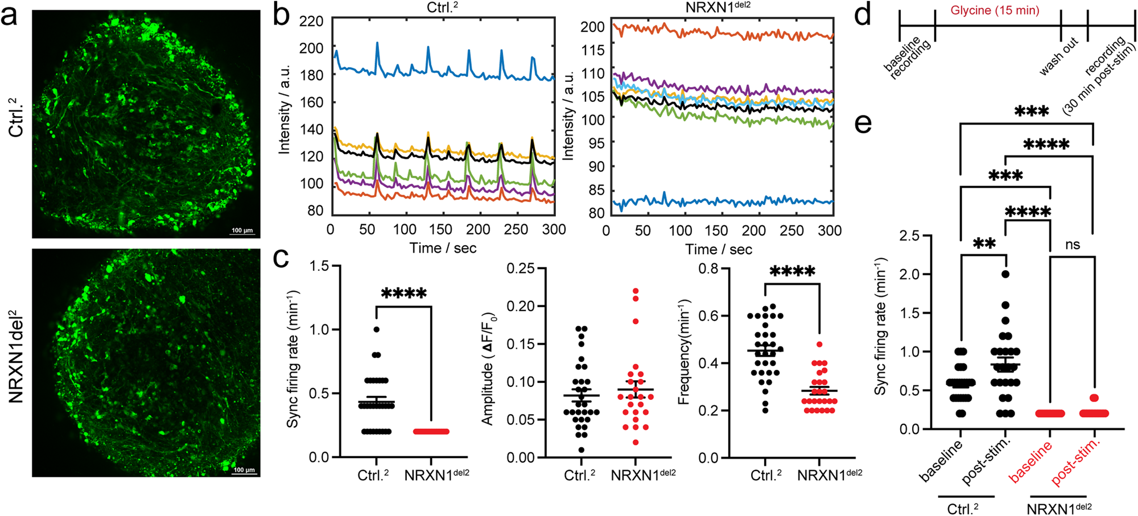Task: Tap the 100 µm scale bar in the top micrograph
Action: coord(242,230)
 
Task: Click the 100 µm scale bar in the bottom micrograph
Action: coord(244,470)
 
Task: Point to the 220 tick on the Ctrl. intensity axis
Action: coord(311,22)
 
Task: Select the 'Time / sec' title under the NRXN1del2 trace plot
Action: coord(719,250)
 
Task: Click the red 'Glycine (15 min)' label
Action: coord(995,11)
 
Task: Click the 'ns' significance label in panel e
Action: coord(1072,245)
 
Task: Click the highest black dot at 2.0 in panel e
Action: coord(1005,274)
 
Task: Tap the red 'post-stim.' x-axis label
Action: coord(1075,462)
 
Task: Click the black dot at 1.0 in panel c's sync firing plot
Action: coord(376,329)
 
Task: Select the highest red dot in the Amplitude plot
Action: coord(636,291)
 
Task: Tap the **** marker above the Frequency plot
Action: coord(792,271)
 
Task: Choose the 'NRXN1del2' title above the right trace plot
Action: coord(719,9)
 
